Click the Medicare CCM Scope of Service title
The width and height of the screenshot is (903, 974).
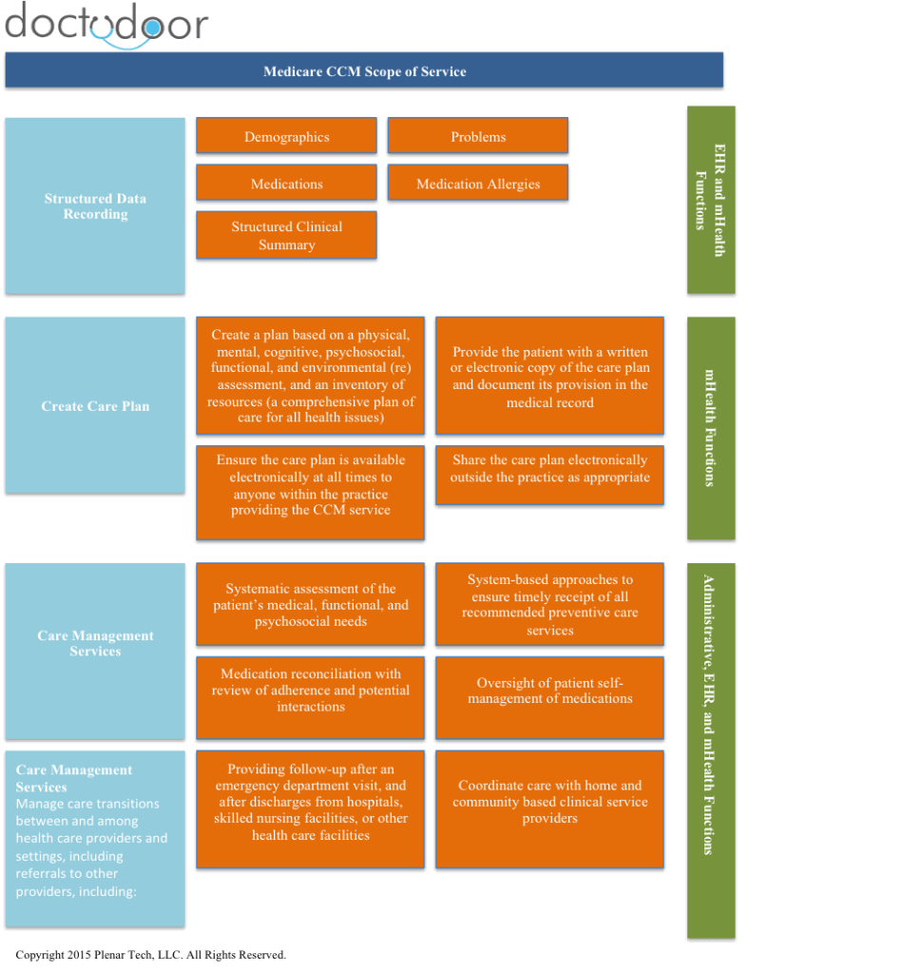364,71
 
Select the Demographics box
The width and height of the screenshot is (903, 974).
286,137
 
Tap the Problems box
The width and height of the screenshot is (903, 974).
478,137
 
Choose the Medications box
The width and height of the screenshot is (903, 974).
286,184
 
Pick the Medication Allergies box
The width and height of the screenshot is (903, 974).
478,184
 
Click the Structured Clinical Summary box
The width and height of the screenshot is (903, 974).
286,236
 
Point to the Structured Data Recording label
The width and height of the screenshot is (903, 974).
95,206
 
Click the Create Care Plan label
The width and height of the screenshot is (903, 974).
95,406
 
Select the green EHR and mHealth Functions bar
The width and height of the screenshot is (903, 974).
711,200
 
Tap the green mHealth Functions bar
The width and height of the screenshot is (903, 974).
711,429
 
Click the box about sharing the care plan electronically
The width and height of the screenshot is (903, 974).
549,469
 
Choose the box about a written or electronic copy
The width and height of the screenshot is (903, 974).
549,378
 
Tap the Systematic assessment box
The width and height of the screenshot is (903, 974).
310,605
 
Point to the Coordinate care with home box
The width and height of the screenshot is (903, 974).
549,802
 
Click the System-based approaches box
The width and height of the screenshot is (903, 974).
549,605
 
